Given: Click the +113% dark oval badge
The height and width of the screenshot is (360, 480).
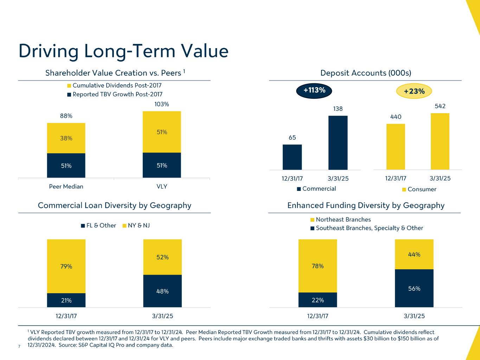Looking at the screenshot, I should [314, 90].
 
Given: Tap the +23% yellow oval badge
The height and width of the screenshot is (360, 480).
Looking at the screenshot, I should [414, 91].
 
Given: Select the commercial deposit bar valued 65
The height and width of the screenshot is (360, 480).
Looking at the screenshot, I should [292, 157].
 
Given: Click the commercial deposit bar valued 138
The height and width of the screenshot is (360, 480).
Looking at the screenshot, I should [338, 142].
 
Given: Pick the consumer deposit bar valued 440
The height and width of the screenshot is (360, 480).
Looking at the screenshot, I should [396, 146].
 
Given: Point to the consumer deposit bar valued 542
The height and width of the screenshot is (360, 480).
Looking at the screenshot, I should [440, 141].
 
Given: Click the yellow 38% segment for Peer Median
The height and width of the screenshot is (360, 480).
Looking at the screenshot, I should [66, 138].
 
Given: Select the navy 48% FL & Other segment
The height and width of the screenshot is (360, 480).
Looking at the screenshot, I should [162, 291].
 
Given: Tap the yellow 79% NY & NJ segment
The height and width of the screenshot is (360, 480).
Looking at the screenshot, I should [66, 266].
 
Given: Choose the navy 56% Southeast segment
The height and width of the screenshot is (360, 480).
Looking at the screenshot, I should [414, 288].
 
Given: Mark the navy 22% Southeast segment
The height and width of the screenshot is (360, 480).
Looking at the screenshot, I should [318, 300].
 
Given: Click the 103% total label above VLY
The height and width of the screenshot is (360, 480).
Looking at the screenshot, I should [162, 104].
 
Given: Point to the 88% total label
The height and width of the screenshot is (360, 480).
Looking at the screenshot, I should [66, 116].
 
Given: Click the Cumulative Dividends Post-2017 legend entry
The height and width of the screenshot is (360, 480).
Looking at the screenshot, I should [114, 85].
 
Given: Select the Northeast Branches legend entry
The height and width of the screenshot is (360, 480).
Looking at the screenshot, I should [340, 220].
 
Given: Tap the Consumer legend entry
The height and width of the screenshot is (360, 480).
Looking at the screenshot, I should [419, 189].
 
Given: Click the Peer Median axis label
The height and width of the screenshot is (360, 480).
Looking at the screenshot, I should [66, 186].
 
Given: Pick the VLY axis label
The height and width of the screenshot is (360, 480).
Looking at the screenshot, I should [162, 186].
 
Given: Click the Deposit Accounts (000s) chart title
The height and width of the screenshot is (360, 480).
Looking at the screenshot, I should [366, 73].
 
